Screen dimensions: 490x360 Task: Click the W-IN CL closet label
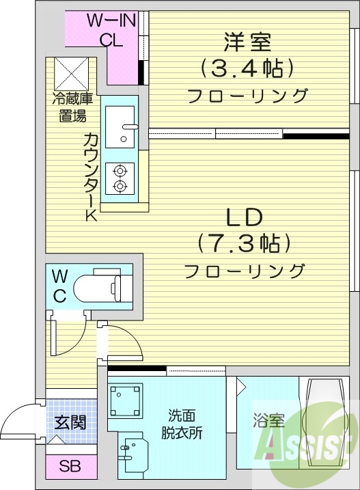(x=111, y=30)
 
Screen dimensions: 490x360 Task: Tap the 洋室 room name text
(x=247, y=42)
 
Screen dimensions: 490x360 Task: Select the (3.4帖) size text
(x=247, y=68)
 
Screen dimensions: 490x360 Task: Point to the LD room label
(x=245, y=218)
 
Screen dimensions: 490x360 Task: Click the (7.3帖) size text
(x=245, y=243)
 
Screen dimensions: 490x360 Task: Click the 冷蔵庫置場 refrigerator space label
(x=70, y=107)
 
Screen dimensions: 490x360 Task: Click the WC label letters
(x=60, y=286)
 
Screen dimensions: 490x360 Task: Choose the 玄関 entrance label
(x=70, y=422)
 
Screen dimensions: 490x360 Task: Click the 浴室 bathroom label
(x=268, y=421)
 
